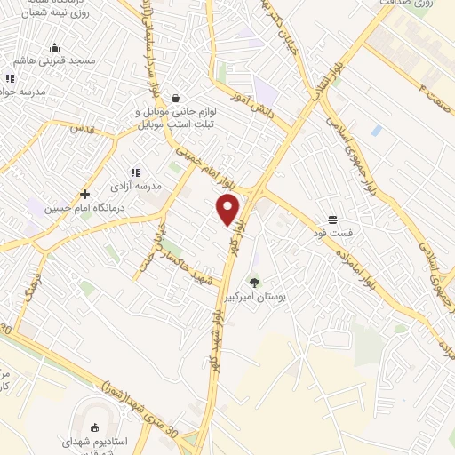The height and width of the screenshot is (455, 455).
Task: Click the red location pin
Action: click(228, 208)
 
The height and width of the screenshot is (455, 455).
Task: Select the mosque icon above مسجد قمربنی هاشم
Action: click(55, 48)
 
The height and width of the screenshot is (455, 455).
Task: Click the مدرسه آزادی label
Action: click(135, 187)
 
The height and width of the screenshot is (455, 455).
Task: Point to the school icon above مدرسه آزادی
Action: click(135, 172)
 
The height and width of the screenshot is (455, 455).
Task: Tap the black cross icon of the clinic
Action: click(85, 194)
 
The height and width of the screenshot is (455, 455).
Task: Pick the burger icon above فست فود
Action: click(332, 219)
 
